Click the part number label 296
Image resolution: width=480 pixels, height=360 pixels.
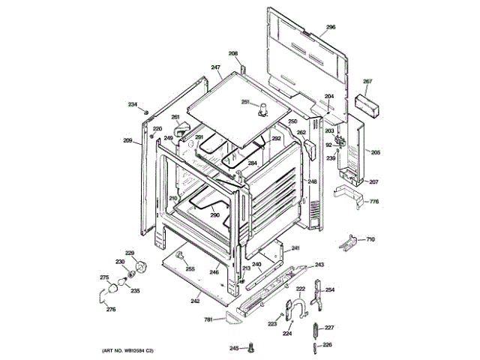[x=331, y=27]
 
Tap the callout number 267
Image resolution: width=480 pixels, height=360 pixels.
[x=367, y=81]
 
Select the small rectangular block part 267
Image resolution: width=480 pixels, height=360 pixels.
[x=367, y=102]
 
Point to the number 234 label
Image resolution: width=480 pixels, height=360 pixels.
[x=132, y=104]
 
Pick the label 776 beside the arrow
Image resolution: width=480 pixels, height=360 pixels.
[x=373, y=201]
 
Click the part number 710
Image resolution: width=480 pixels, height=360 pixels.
[x=370, y=239]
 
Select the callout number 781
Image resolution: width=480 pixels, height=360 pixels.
[x=209, y=320]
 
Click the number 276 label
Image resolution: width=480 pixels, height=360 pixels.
[x=110, y=310]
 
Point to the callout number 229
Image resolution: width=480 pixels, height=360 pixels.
[x=129, y=253]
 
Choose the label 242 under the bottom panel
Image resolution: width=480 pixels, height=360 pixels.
[x=195, y=301]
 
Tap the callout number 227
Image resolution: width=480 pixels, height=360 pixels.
[x=328, y=328]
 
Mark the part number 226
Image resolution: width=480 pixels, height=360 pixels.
[x=327, y=345]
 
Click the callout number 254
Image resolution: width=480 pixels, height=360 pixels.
[x=329, y=289]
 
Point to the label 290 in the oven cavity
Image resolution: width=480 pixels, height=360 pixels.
[x=214, y=215]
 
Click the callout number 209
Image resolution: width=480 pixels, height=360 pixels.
[x=127, y=140]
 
